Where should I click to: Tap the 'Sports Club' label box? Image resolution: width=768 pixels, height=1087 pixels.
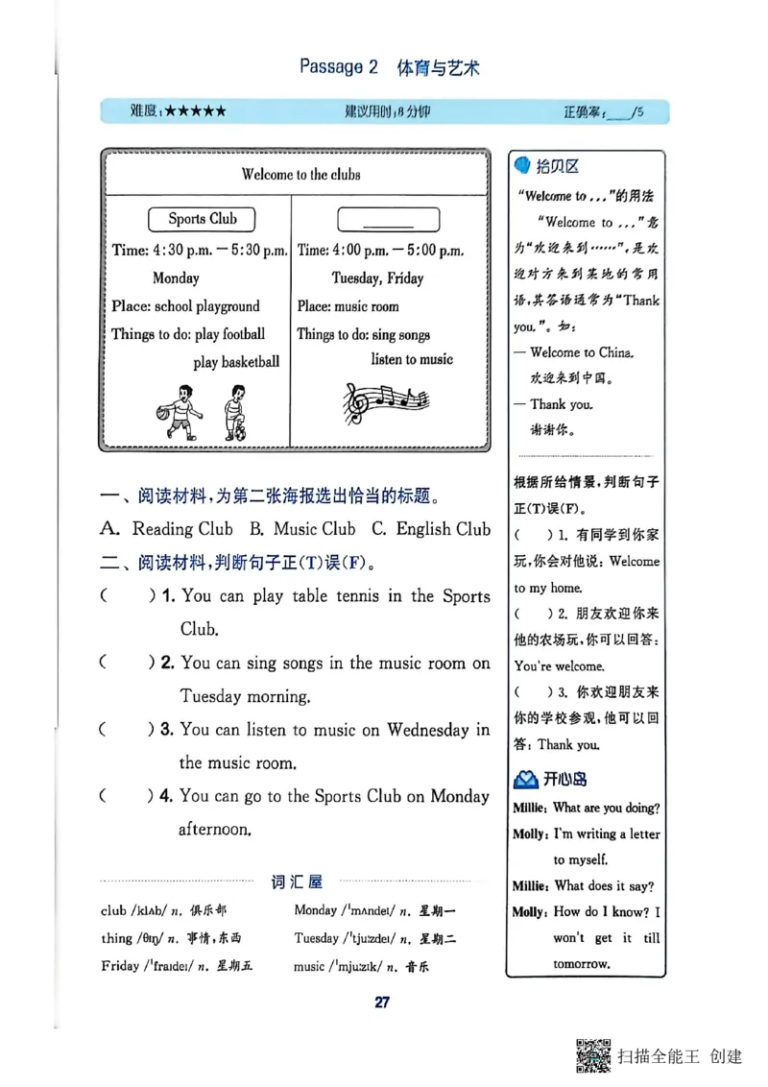pos(202,219)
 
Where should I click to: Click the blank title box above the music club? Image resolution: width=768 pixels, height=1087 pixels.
pos(388,219)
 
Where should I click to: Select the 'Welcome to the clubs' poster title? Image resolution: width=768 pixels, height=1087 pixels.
pos(300,175)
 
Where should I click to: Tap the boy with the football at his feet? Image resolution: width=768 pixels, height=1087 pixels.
pos(233,413)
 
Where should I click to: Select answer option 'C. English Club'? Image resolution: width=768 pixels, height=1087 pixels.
pos(430,529)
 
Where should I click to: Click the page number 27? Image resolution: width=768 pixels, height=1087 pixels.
pos(381,1002)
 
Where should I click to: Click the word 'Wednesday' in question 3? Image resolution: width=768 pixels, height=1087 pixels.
pos(428,730)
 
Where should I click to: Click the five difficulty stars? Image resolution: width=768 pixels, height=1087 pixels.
pos(195,111)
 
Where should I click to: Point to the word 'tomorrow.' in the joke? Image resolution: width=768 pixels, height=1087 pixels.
pos(582,963)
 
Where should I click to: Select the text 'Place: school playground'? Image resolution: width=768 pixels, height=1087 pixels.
pos(185,306)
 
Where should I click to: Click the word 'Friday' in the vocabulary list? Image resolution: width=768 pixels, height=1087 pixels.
pos(120,966)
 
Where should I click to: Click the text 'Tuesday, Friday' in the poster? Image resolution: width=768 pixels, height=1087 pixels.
pos(377,278)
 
